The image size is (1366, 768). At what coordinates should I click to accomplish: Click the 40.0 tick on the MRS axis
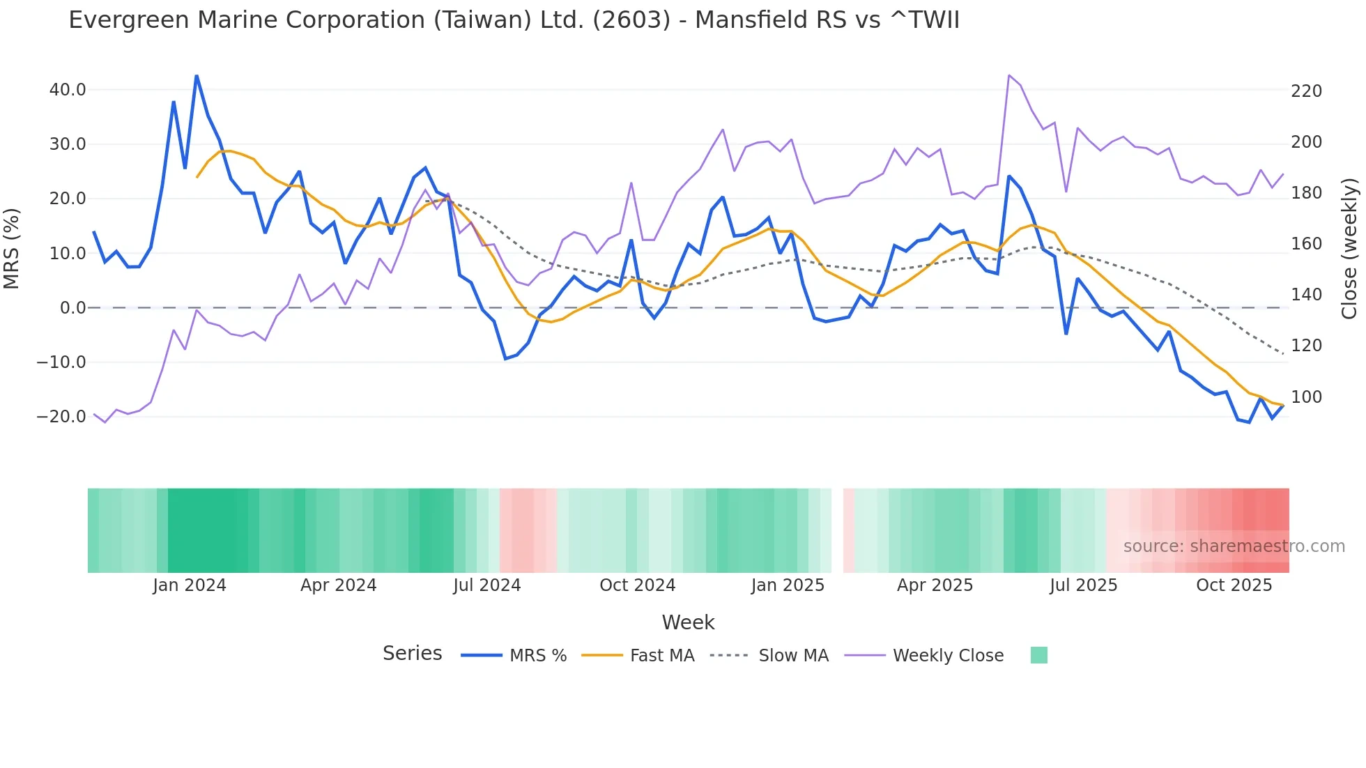pos(68,90)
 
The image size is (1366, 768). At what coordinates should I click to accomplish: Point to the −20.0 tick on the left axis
pos(61,417)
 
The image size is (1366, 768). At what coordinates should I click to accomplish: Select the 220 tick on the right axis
pos(1306,91)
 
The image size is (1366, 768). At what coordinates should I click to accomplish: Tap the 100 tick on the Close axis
pos(1306,397)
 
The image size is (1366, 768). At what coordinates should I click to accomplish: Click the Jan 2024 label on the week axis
pos(190,585)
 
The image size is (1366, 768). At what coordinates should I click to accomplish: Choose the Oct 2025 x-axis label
pos(1234,585)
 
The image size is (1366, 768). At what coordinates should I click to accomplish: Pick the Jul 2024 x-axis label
pos(486,585)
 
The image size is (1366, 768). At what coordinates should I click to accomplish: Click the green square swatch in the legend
pos(1038,655)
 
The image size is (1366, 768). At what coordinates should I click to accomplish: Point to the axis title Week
pos(688,622)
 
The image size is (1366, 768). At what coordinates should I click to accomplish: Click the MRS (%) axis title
pos(12,248)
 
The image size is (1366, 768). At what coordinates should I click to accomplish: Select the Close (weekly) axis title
pos(1349,248)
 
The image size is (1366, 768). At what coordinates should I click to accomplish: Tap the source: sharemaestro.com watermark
pos(1234,546)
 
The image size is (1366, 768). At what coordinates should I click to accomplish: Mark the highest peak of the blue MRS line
pos(197,75)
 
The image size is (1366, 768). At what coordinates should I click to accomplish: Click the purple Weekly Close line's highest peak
pos(1009,75)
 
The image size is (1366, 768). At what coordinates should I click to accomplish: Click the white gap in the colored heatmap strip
pos(837,530)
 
